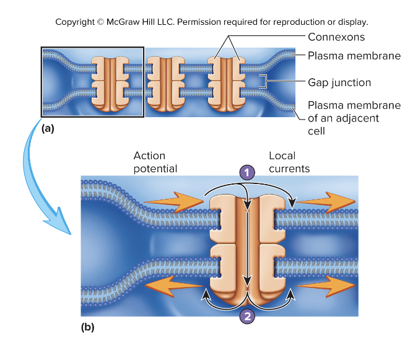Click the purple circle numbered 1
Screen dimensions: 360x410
[x=247, y=173]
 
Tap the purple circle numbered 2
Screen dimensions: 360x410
[x=247, y=316]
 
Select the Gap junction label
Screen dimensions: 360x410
[x=339, y=82]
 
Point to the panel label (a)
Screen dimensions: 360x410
[x=48, y=129]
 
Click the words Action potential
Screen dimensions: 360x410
[x=155, y=162]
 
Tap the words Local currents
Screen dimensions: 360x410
[x=289, y=162]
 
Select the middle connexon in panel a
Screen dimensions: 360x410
[x=164, y=84]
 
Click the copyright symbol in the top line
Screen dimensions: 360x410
[x=100, y=22]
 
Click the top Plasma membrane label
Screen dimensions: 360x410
[x=354, y=56]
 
